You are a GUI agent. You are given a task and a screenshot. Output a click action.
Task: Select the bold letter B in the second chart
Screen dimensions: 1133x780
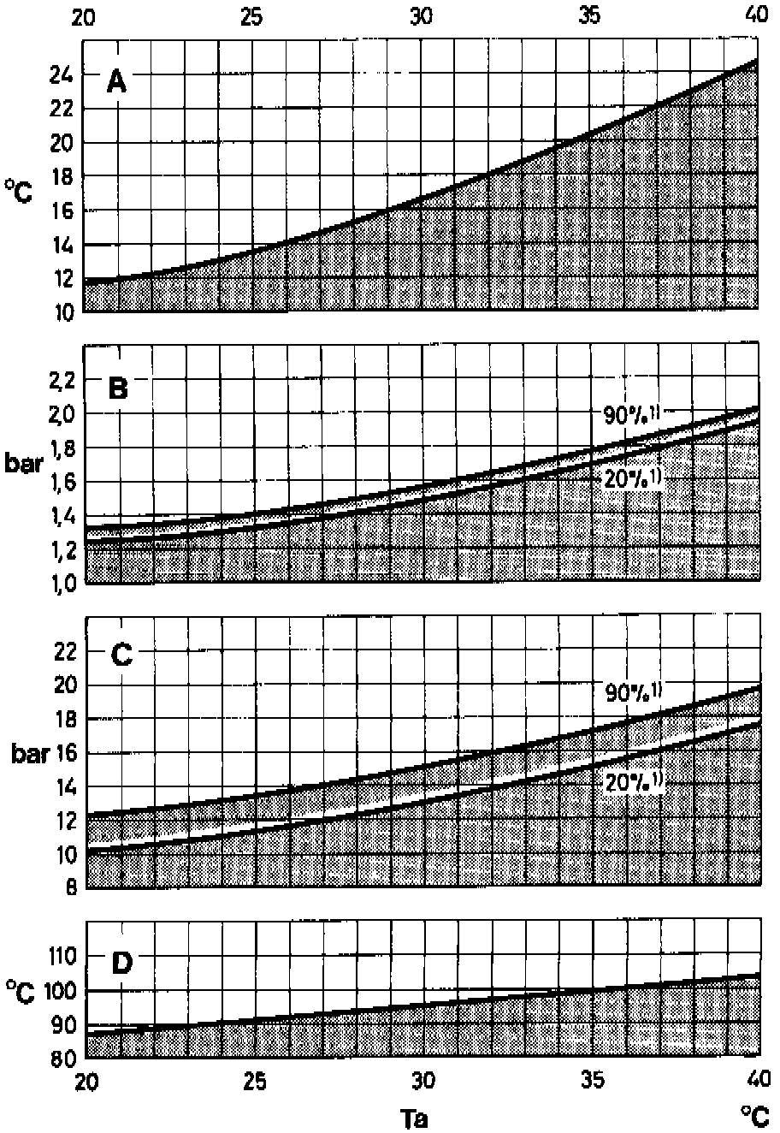pos(118,389)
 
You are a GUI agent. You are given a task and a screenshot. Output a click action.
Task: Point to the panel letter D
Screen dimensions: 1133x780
pos(121,963)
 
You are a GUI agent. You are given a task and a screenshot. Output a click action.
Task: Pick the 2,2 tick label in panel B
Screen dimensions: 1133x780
pos(64,379)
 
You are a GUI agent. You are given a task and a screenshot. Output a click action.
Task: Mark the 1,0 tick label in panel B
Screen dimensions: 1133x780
pos(64,583)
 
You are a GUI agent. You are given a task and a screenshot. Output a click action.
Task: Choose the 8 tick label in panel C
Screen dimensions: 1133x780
pos(71,888)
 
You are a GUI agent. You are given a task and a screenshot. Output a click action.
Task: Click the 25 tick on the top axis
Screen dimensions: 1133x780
pos(252,15)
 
